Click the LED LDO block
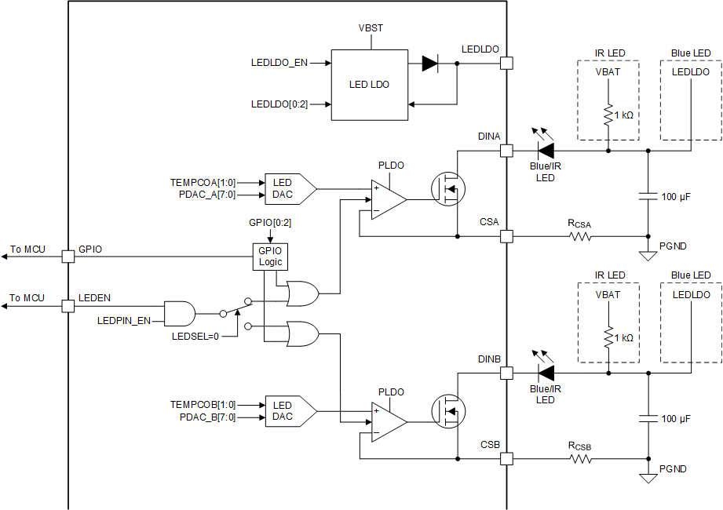point(370,85)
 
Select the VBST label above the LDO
point(370,27)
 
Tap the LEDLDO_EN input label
point(279,64)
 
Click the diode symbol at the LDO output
point(429,64)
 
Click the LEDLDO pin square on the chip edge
point(506,64)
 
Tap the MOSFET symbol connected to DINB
point(448,410)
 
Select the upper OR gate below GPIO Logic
point(303,294)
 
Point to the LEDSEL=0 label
point(195,336)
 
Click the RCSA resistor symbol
point(580,235)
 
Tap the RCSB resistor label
point(579,446)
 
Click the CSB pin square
point(506,458)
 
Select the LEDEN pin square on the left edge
point(68,306)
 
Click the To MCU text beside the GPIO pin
point(27,250)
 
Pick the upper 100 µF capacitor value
point(676,197)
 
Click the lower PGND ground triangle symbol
point(648,478)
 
